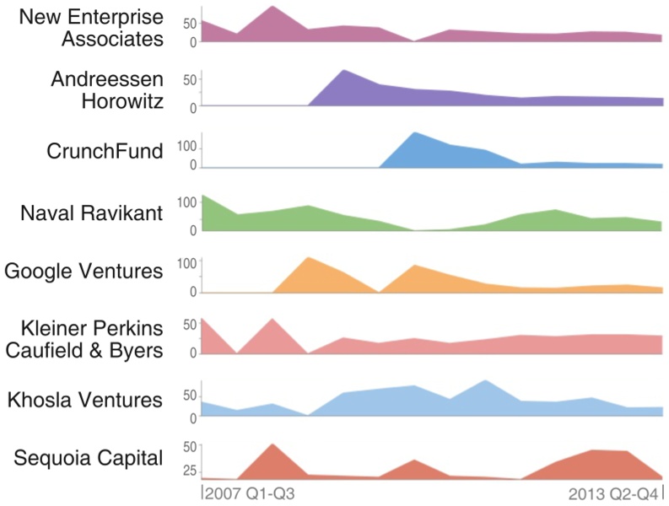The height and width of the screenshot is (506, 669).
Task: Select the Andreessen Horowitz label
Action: (106, 90)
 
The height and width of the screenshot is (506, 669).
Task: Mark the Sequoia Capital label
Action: (89, 459)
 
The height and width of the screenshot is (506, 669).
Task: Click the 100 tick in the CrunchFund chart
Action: (186, 147)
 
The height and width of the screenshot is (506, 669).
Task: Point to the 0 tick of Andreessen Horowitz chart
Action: (192, 106)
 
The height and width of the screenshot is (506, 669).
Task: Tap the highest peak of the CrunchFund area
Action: (414, 132)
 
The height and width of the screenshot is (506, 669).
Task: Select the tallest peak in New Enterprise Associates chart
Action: (272, 7)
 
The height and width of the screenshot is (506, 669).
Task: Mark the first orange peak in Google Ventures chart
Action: (309, 257)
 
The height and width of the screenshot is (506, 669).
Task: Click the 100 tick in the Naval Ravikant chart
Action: (186, 202)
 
